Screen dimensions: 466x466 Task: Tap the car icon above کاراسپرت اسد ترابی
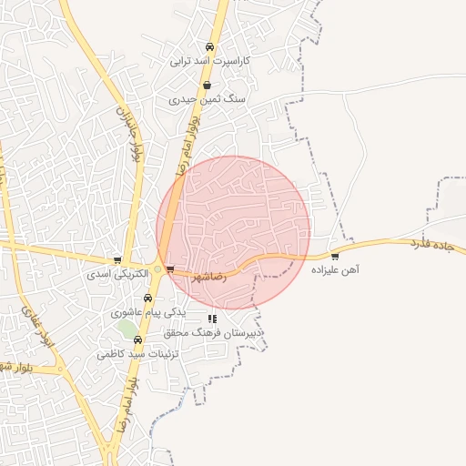pyautogui.click(x=210, y=46)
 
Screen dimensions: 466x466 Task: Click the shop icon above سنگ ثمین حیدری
pyautogui.click(x=208, y=86)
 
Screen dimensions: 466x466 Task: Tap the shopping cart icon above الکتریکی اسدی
pyautogui.click(x=117, y=259)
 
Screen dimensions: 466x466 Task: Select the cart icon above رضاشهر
pyautogui.click(x=170, y=268)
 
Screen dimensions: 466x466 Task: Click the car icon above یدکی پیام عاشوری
pyautogui.click(x=148, y=298)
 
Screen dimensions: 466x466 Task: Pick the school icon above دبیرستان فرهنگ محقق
pyautogui.click(x=212, y=319)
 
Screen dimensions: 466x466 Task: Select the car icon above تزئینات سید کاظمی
pyautogui.click(x=138, y=339)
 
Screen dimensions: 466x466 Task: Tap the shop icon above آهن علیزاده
pyautogui.click(x=336, y=256)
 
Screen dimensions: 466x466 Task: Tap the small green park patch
pyautogui.click(x=126, y=328)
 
